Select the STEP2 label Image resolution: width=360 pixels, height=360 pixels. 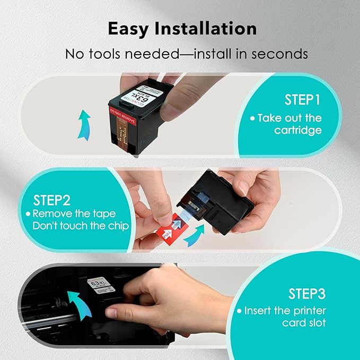[x=52, y=200]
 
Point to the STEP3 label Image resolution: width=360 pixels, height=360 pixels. [x=307, y=293]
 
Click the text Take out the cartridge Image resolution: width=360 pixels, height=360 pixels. [x=293, y=124]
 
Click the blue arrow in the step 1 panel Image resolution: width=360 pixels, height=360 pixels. [x=83, y=124]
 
